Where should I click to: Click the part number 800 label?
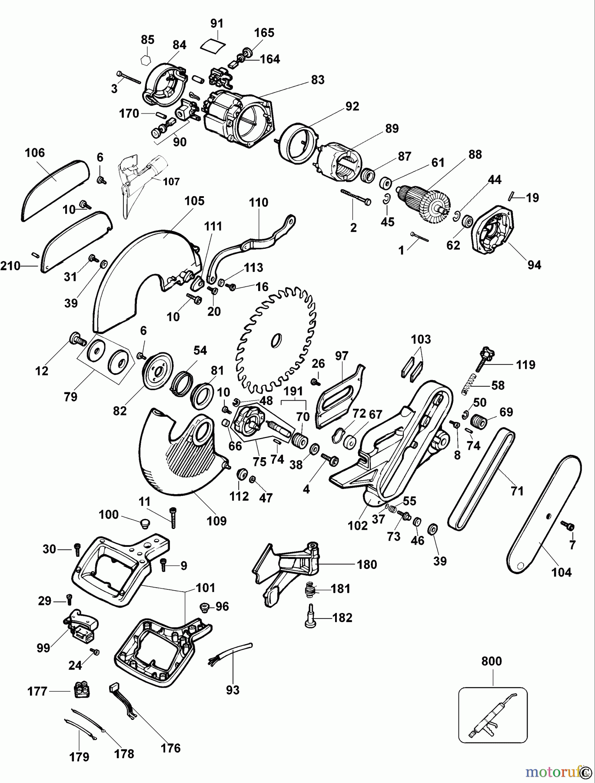tap(491, 661)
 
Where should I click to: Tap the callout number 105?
tap(194, 201)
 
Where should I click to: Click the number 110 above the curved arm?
tap(258, 203)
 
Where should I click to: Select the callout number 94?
tap(534, 264)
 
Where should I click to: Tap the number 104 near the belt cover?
tap(561, 572)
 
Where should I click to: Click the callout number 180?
tap(366, 565)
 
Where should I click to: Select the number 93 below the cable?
tap(233, 690)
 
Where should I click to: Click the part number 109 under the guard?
tap(216, 521)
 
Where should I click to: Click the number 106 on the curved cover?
tap(35, 153)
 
